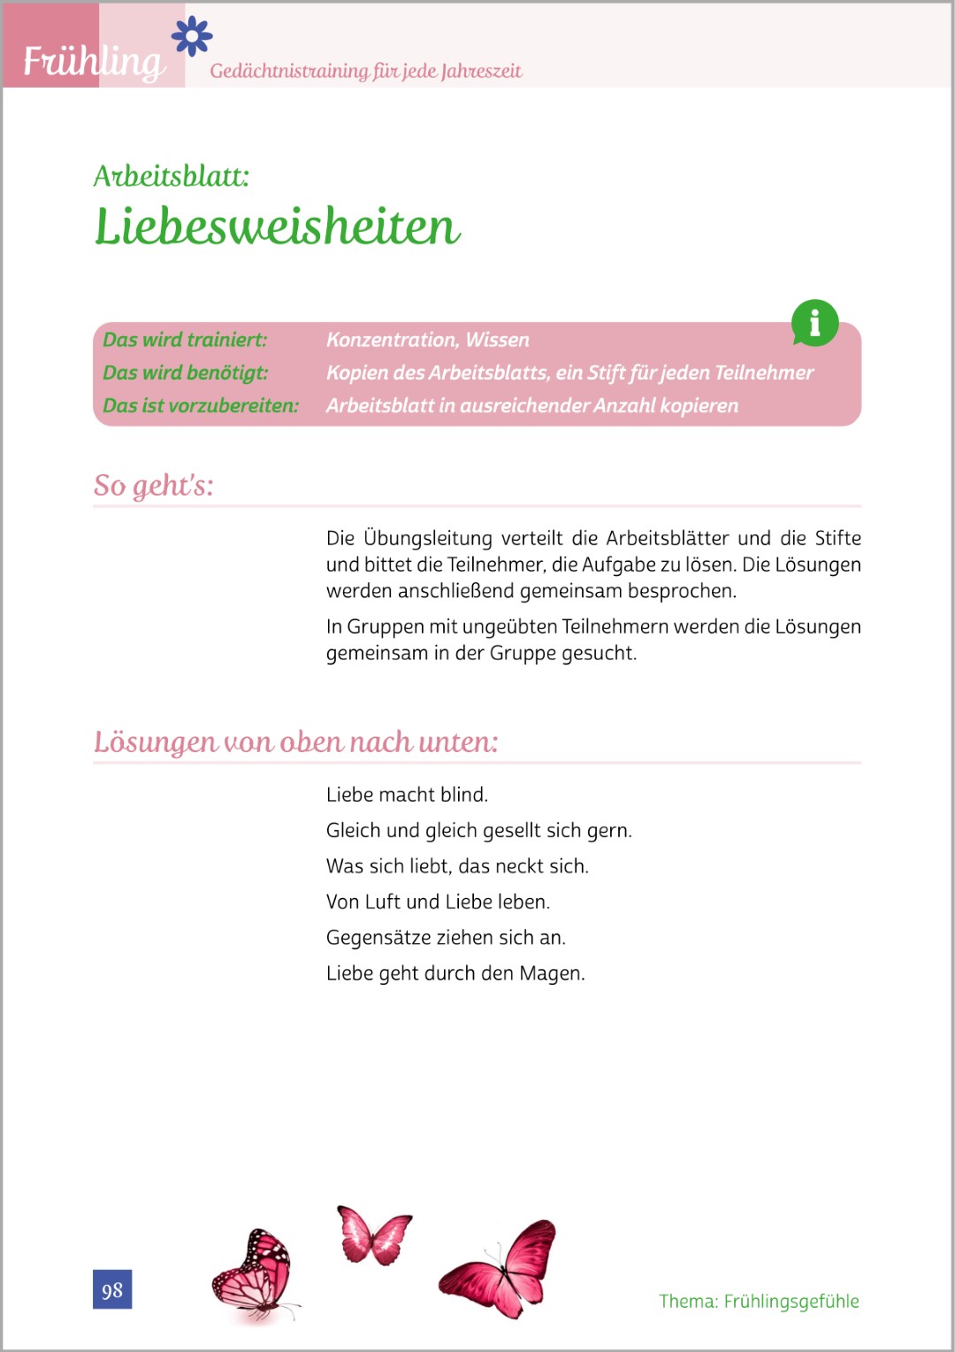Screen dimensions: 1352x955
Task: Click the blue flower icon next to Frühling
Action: point(192,36)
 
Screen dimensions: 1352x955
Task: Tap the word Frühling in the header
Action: point(94,61)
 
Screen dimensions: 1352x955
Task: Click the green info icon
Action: point(814,323)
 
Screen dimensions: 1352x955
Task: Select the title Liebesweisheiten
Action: point(277,227)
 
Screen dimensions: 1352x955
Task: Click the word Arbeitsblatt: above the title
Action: point(172,176)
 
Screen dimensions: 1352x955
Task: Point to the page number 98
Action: point(112,1289)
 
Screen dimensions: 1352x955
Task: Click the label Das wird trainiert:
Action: point(185,340)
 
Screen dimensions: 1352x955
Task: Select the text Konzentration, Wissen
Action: point(427,340)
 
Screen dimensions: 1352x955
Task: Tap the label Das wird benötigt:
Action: point(185,373)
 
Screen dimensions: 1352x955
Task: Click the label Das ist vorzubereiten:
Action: point(201,405)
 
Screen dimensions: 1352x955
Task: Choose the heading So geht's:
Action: point(154,485)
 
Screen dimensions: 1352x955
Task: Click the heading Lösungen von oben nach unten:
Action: point(295,741)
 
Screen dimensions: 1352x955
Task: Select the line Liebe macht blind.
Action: point(407,795)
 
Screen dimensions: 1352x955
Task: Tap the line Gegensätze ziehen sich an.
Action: point(446,937)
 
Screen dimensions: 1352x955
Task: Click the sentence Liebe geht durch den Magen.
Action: point(455,973)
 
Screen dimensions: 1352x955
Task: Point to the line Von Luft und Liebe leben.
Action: point(438,902)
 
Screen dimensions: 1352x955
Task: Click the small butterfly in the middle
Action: point(374,1234)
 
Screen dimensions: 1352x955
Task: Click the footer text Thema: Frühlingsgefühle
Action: point(759,1301)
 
